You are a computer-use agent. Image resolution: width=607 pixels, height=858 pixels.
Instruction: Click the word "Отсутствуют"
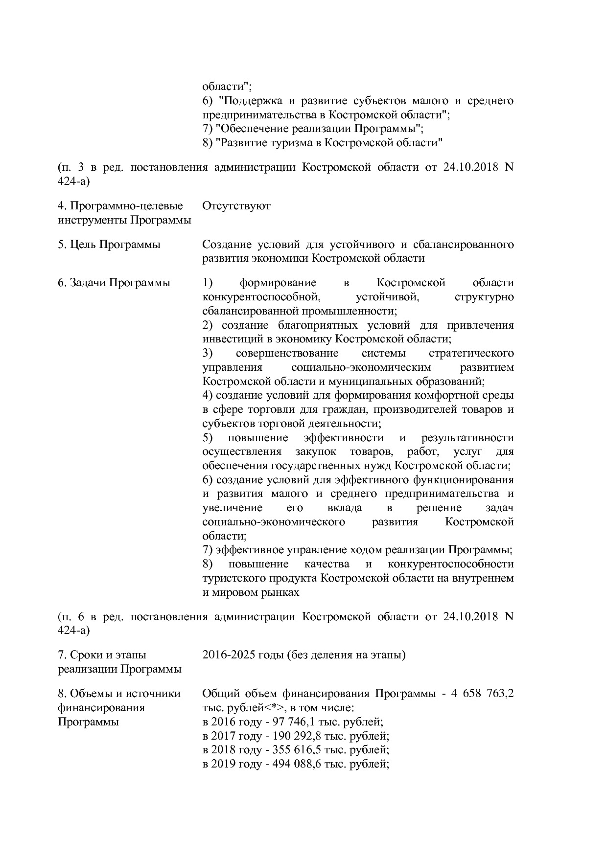[236, 206]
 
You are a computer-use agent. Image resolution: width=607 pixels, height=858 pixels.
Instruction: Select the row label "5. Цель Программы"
[109, 244]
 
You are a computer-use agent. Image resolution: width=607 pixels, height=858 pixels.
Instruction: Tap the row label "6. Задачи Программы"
[114, 283]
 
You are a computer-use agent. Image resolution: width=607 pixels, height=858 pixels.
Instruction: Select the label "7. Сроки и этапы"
[102, 655]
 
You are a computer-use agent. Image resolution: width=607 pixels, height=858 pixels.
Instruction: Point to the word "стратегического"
[471, 353]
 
